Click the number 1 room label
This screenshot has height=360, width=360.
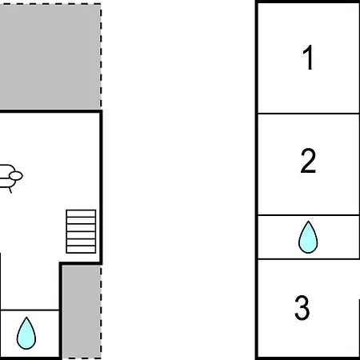(x=308, y=57)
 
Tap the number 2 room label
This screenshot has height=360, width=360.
(x=308, y=161)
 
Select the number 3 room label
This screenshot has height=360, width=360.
(x=302, y=307)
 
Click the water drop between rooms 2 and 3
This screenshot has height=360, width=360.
(x=308, y=237)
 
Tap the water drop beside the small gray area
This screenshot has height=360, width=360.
(x=26, y=334)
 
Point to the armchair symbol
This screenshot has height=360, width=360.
(x=10, y=178)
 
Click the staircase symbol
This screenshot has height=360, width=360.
(x=81, y=231)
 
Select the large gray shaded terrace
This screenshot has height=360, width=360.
(x=50, y=56)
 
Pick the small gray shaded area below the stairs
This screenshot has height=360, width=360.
(x=82, y=311)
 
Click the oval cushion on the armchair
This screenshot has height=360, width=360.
(x=16, y=176)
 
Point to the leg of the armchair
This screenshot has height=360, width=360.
(x=10, y=190)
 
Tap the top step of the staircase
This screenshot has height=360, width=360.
(x=81, y=214)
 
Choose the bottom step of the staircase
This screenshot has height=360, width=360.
(x=81, y=250)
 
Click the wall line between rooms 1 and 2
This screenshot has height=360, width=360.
(x=309, y=114)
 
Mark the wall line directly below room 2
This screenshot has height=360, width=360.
(x=309, y=215)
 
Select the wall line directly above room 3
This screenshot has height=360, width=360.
(x=309, y=258)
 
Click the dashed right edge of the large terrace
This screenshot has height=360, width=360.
(x=101, y=56)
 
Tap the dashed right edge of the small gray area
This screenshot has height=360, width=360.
(x=101, y=312)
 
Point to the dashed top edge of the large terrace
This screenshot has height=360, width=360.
(x=50, y=4)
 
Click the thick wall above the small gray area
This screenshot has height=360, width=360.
(x=81, y=263)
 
